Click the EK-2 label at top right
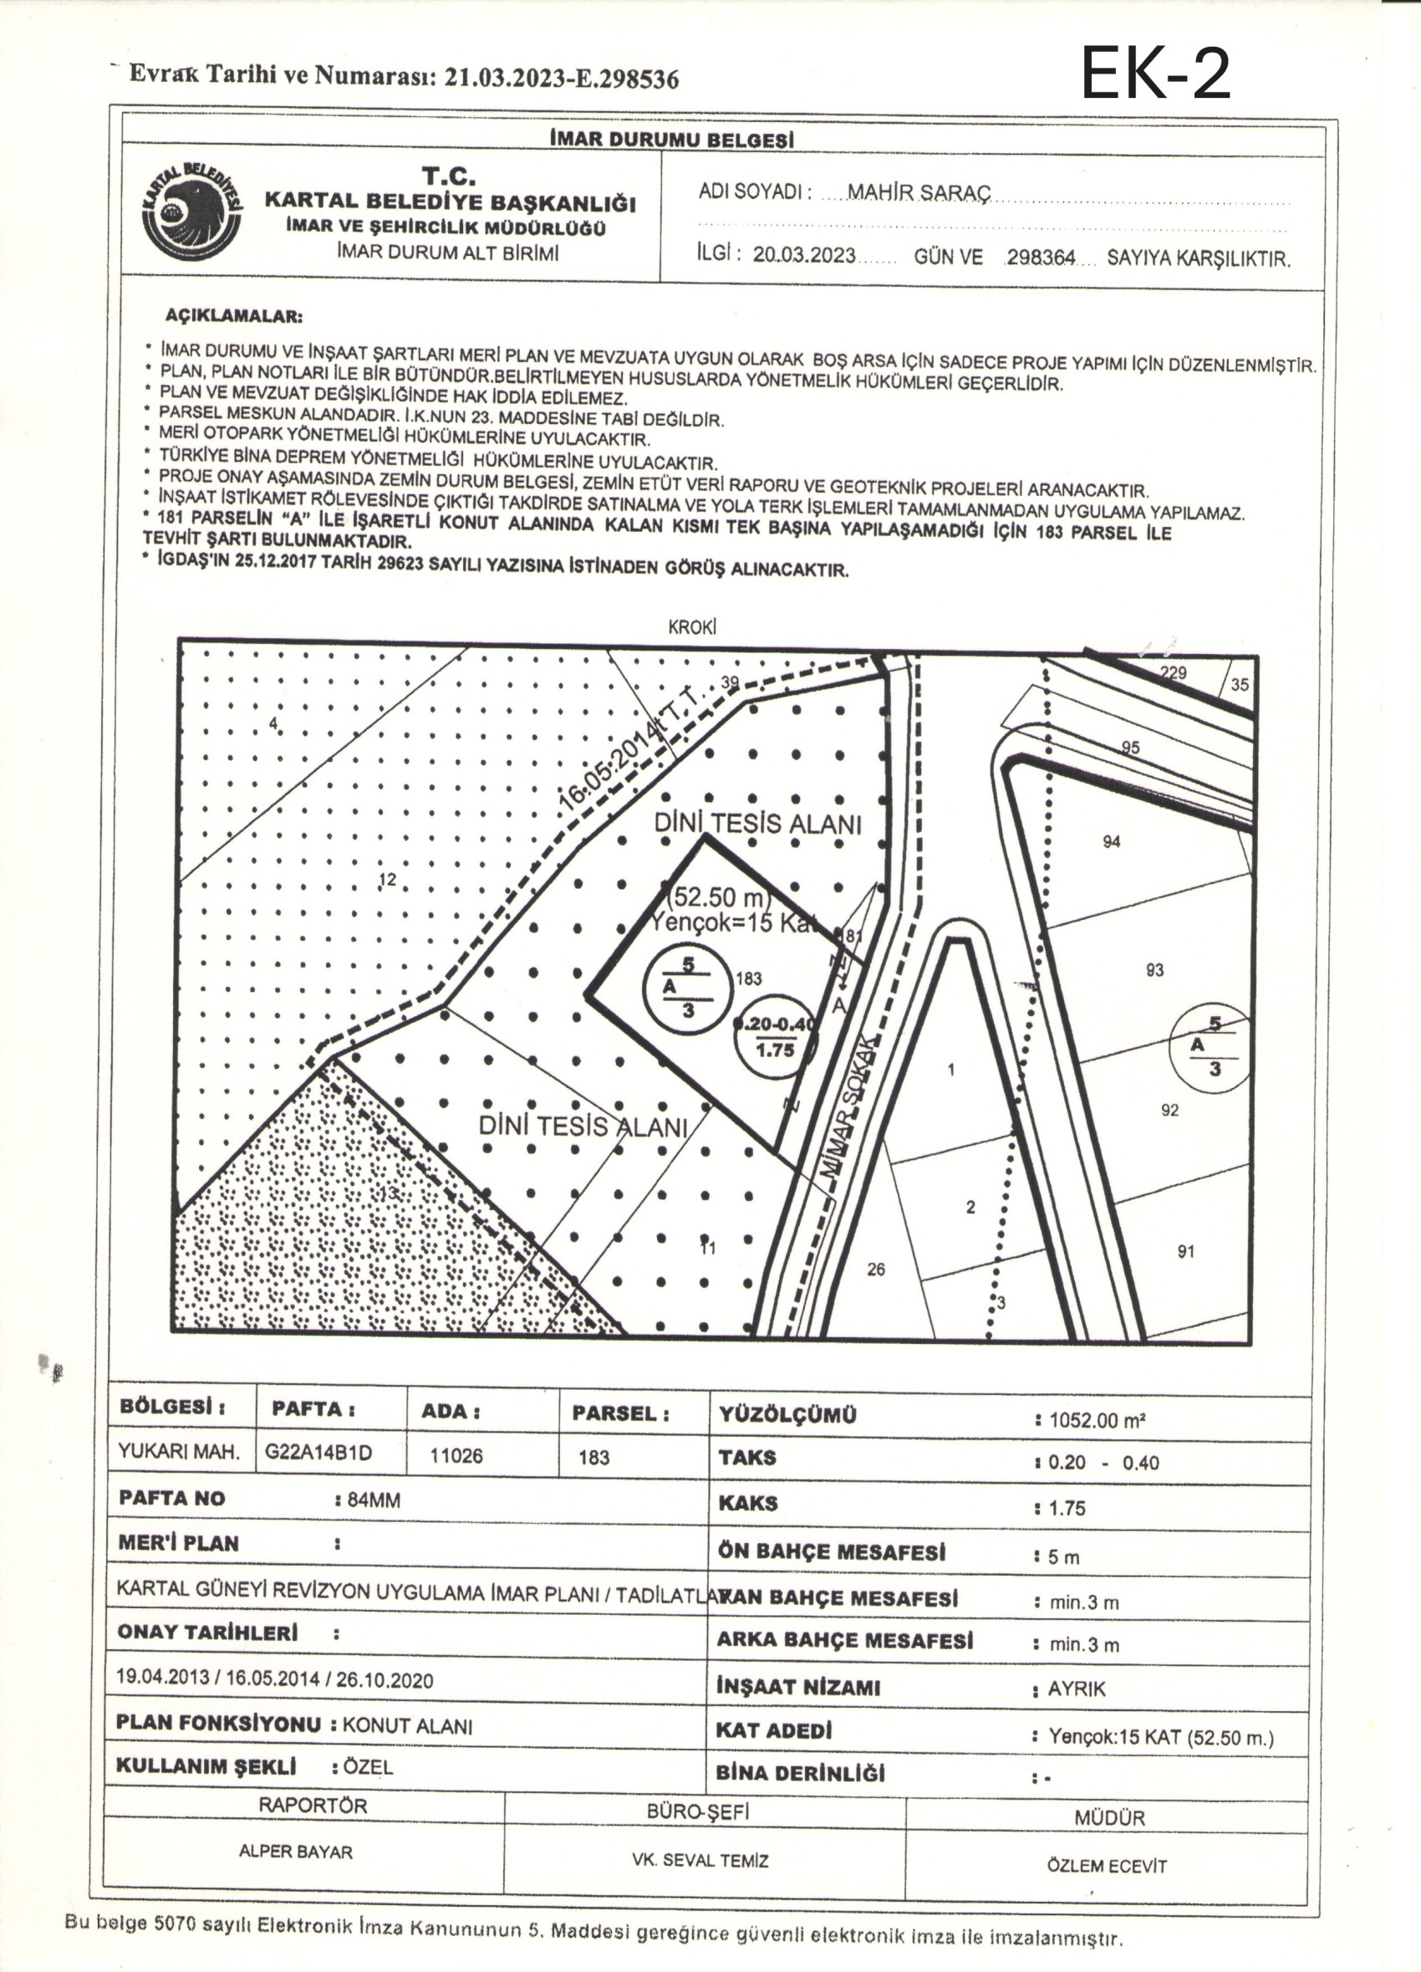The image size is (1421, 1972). pyautogui.click(x=1155, y=73)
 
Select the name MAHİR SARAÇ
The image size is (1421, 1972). pyautogui.click(x=918, y=192)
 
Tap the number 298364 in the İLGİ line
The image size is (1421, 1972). pyautogui.click(x=1041, y=258)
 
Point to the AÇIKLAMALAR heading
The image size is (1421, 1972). pyautogui.click(x=234, y=315)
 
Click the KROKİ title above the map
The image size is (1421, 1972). pyautogui.click(x=692, y=627)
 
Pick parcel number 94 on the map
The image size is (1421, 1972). pyautogui.click(x=1111, y=840)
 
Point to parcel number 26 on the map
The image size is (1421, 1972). pyautogui.click(x=876, y=1270)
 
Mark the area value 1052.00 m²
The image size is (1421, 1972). pyautogui.click(x=1098, y=1421)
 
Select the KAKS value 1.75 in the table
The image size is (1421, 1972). pyautogui.click(x=1067, y=1509)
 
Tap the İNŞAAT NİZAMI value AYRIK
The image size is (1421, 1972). pyautogui.click(x=1077, y=1689)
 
